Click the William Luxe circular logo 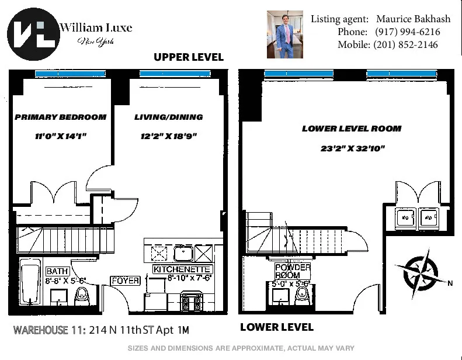pyautogui.click(x=33, y=33)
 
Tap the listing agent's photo pyautogui.click(x=286, y=34)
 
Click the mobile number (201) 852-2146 pyautogui.click(x=405, y=44)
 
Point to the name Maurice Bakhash pyautogui.click(x=408, y=19)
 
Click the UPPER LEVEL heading pyautogui.click(x=188, y=57)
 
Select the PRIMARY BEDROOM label pyautogui.click(x=60, y=117)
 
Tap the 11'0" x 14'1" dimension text pyautogui.click(x=60, y=136)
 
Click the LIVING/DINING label pyautogui.click(x=168, y=117)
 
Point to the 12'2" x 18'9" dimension pyautogui.click(x=168, y=136)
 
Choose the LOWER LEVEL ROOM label pyautogui.click(x=352, y=129)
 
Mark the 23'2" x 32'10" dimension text pyautogui.click(x=352, y=148)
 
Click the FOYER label pyautogui.click(x=126, y=281)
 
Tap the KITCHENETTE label pyautogui.click(x=182, y=269)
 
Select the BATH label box pyautogui.click(x=57, y=271)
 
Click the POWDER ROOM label pyautogui.click(x=293, y=271)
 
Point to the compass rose pyautogui.click(x=420, y=271)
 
